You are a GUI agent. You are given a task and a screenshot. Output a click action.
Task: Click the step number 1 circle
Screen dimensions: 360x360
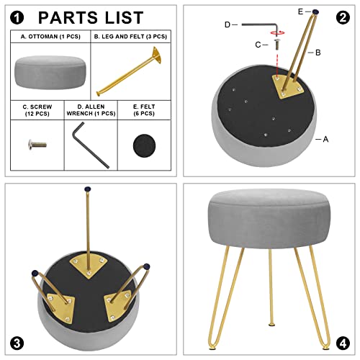pyautogui.click(x=17, y=17)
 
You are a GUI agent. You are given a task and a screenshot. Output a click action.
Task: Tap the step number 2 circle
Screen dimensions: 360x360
pyautogui.click(x=342, y=17)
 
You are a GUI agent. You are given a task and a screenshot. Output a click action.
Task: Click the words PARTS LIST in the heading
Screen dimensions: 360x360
pyautogui.click(x=90, y=17)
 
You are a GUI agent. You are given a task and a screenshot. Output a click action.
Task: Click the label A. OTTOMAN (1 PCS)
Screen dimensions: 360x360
pyautogui.click(x=50, y=35)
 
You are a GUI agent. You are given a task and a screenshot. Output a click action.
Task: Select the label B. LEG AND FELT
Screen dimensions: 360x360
pyautogui.click(x=130, y=35)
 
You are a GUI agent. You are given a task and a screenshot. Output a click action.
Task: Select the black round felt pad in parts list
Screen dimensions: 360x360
pyautogui.click(x=148, y=146)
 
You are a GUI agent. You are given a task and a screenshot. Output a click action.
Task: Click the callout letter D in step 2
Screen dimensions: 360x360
pyautogui.click(x=228, y=24)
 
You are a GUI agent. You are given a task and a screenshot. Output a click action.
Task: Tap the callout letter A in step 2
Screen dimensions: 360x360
pyautogui.click(x=325, y=139)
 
